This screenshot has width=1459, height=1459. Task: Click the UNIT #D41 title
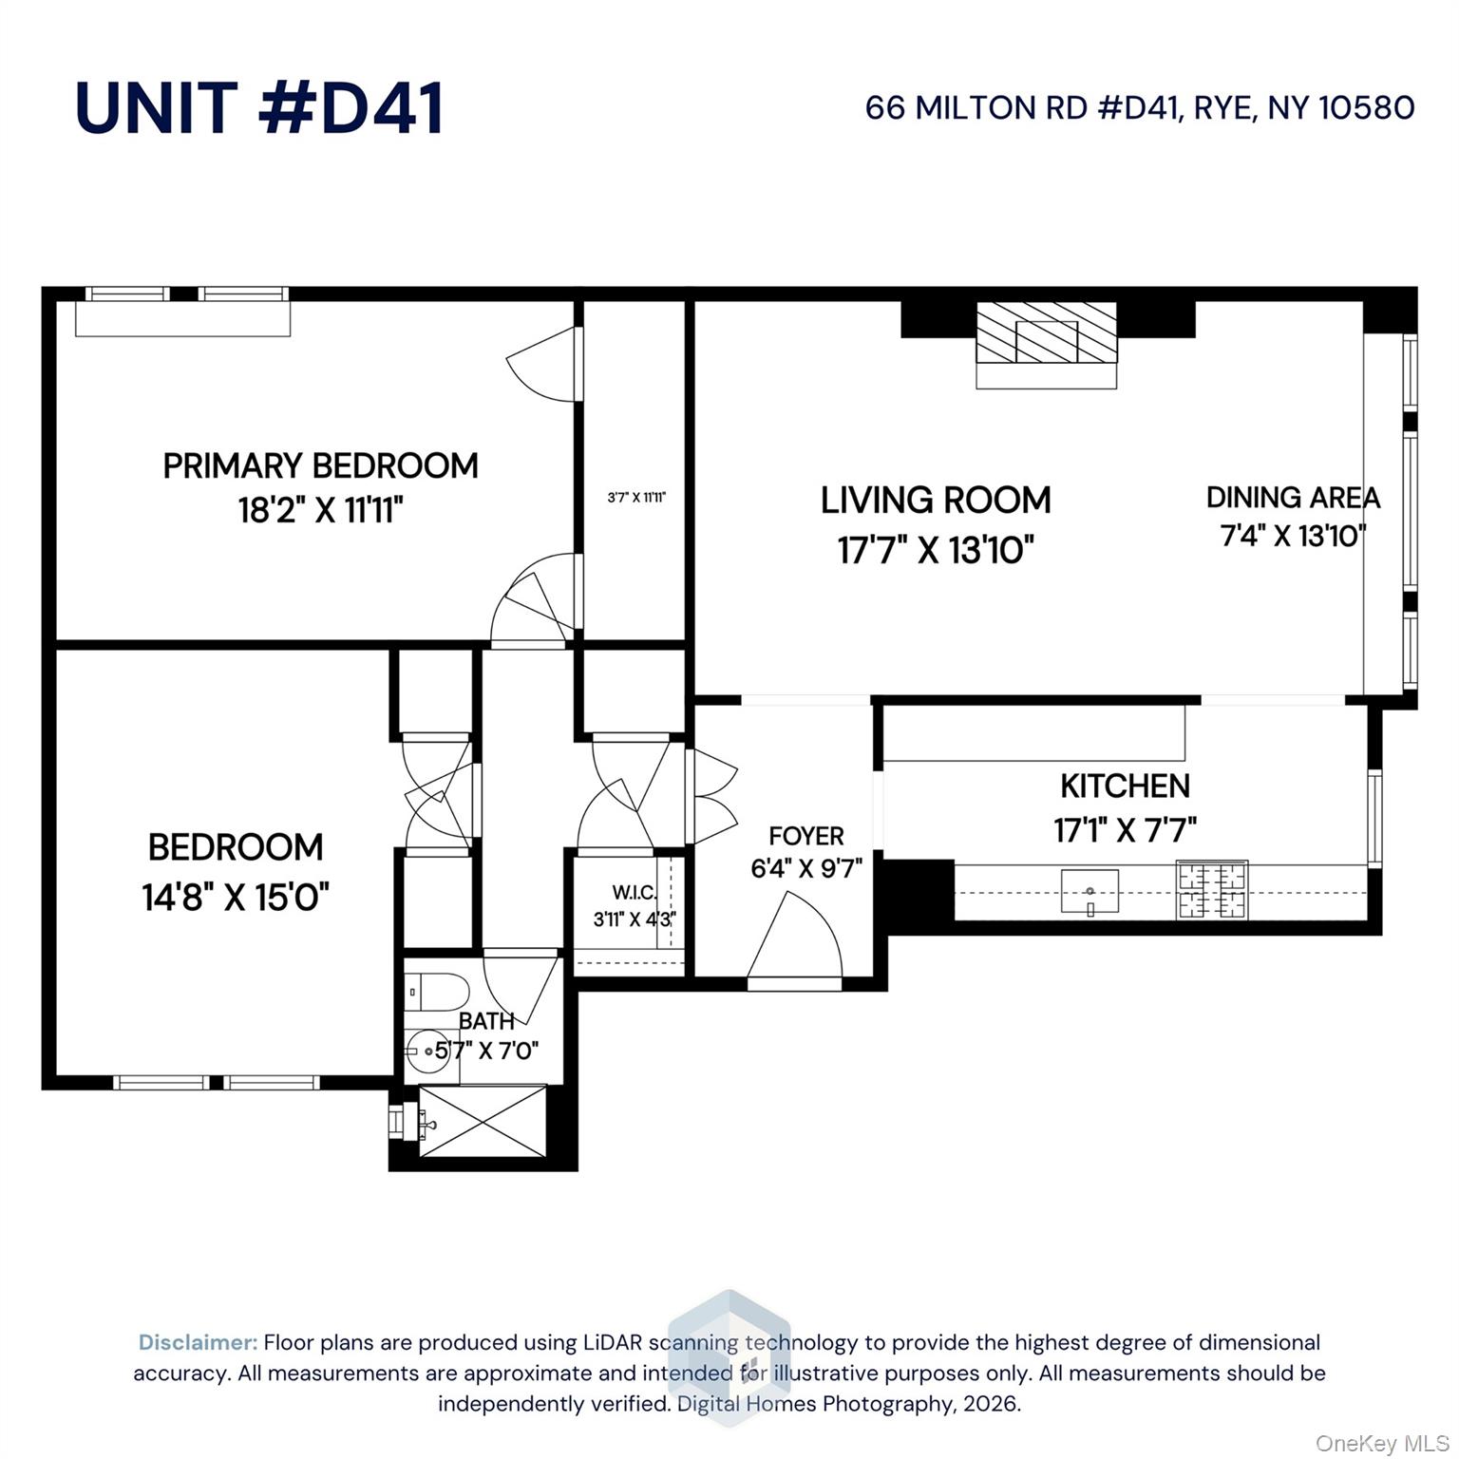point(259,107)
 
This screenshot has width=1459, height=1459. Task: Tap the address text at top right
point(1140,108)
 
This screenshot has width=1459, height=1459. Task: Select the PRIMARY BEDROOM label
point(320,465)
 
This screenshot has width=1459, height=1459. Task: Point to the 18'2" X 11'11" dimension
point(320,511)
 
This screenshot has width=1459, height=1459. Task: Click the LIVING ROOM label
point(936,500)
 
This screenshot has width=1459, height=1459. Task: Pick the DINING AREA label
point(1293,497)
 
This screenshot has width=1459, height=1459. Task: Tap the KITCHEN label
point(1125,786)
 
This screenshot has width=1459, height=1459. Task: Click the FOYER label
point(806,836)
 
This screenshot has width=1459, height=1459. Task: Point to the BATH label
point(486,1021)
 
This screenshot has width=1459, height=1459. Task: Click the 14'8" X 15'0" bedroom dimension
point(236,896)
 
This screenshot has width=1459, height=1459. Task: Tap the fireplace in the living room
point(1047,345)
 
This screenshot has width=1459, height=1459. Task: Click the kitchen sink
point(1090,891)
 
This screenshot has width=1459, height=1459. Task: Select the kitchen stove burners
point(1212,890)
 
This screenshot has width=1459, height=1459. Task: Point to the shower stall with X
point(483,1122)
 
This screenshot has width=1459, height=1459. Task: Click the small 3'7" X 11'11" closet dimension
point(636,496)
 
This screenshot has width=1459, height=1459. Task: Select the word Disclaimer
point(199,1342)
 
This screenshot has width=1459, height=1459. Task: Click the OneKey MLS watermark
point(1382,1444)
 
